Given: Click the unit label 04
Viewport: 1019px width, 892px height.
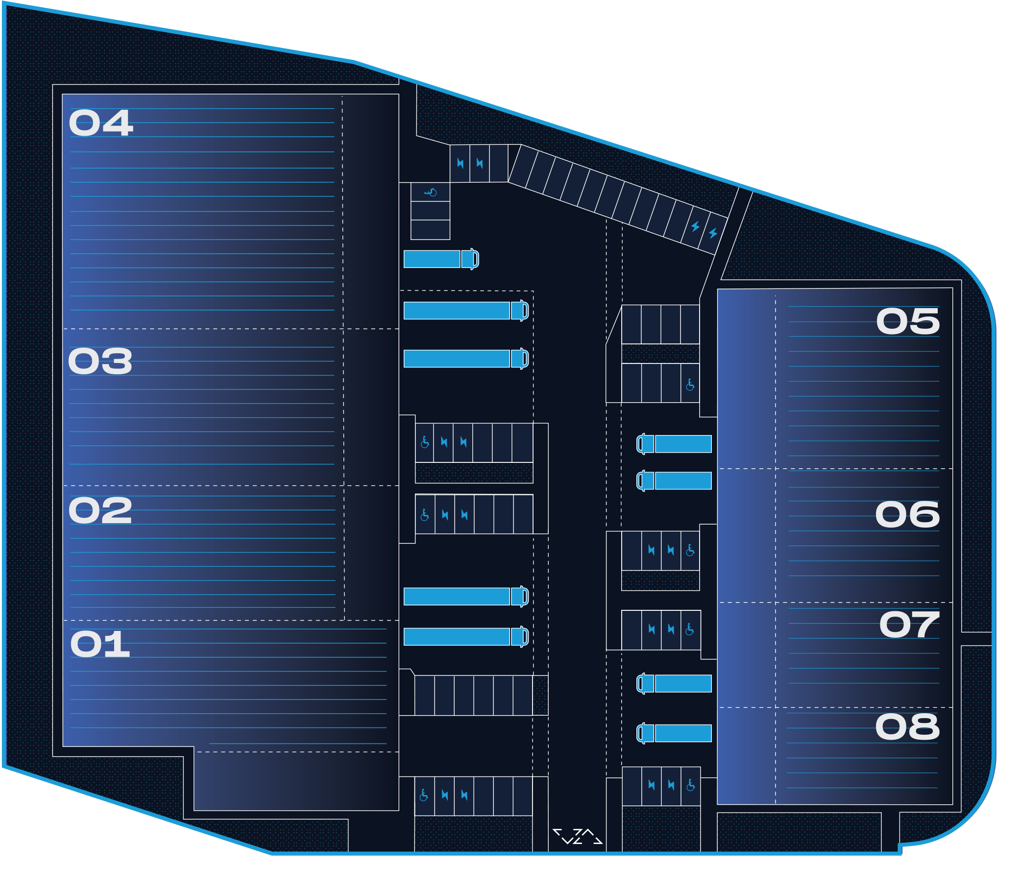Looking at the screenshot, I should click(x=100, y=123).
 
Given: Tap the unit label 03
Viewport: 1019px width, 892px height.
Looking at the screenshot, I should click(x=100, y=362).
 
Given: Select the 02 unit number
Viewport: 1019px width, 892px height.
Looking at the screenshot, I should click(x=100, y=511).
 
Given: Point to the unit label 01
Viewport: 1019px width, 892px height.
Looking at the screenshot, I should click(x=99, y=644).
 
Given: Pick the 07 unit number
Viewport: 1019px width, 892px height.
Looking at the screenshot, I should click(x=908, y=625).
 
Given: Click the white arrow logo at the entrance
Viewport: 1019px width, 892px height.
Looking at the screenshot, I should click(x=577, y=836).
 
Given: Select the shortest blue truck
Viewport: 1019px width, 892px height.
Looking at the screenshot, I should click(x=440, y=259).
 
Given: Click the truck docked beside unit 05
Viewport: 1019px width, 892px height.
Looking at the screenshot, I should click(x=674, y=443).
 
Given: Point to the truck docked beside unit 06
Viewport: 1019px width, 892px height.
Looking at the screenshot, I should click(x=674, y=481).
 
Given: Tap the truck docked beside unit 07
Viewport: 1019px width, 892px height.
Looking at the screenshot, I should click(x=674, y=683).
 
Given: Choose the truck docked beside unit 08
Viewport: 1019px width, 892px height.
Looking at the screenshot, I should click(x=674, y=733).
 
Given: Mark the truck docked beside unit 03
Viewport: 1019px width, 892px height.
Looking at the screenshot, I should click(x=465, y=359).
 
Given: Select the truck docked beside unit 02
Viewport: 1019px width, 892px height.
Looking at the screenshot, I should click(x=465, y=596).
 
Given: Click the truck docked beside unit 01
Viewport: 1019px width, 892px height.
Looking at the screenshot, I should click(x=465, y=637).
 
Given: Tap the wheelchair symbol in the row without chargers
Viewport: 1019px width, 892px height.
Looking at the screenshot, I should click(x=690, y=385).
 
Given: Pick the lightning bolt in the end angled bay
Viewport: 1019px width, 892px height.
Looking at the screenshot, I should click(x=713, y=233).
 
